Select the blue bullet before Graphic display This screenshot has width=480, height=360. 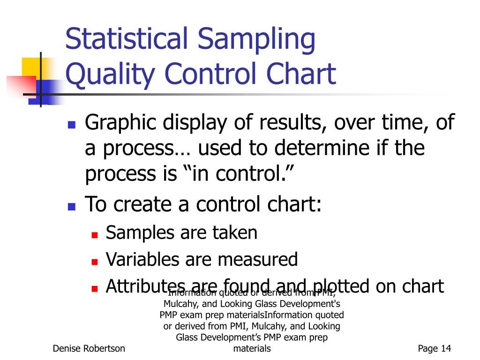pyautogui.click(x=72, y=125)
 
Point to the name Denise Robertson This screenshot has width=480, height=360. pyautogui.click(x=89, y=348)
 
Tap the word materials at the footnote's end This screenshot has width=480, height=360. pyautogui.click(x=252, y=348)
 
